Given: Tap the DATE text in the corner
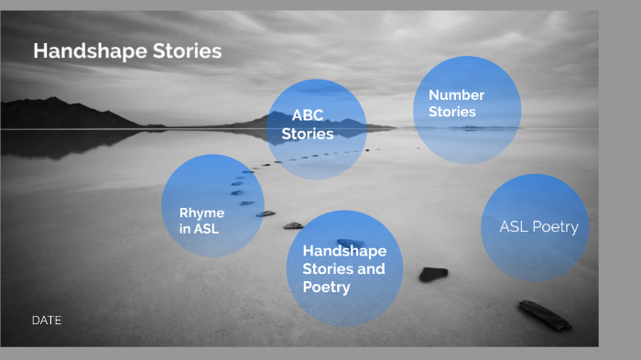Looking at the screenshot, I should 46,321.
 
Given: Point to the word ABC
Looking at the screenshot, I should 308,116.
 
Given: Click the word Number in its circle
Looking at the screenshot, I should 456,95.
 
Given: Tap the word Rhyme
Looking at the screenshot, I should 201,213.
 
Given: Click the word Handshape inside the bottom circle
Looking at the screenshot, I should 344,251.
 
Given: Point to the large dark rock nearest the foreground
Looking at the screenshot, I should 545,314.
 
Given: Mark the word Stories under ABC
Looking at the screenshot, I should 308,134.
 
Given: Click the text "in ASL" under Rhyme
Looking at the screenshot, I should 199,229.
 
